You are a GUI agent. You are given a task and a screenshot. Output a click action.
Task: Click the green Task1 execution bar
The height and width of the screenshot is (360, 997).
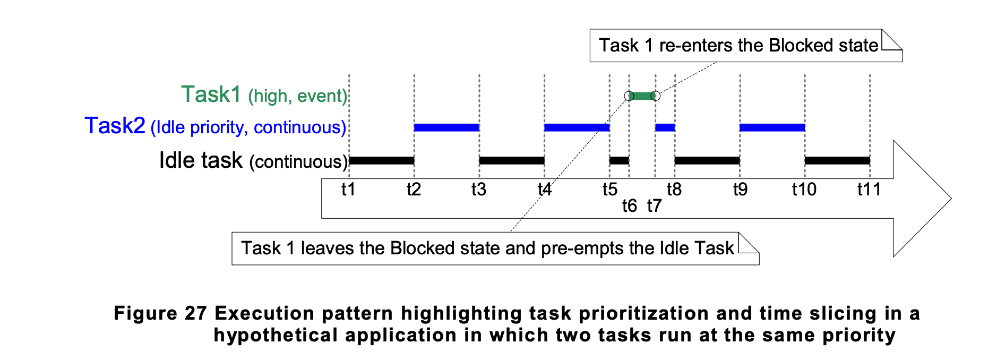642,96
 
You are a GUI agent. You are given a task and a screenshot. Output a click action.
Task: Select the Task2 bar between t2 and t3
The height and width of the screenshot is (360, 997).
446,127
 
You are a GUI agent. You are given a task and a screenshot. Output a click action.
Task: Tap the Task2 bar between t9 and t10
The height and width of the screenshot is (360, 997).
772,127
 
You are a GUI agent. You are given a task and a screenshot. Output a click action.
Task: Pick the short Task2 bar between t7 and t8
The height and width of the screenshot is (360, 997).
665,127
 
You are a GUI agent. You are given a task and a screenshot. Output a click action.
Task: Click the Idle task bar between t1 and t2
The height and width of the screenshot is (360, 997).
382,160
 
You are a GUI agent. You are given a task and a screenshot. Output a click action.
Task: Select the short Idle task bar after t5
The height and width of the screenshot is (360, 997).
619,160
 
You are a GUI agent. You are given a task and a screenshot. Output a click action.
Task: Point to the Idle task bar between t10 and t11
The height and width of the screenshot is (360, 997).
838,160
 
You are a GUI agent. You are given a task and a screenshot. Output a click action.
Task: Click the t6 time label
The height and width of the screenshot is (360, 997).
629,205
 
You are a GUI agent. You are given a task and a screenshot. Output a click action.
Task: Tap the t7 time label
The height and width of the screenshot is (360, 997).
654,205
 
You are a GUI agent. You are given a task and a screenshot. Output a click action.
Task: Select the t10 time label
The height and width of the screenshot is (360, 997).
804,189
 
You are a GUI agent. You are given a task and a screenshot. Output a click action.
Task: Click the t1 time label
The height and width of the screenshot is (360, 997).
348,189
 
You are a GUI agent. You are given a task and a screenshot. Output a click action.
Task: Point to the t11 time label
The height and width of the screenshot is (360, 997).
869,189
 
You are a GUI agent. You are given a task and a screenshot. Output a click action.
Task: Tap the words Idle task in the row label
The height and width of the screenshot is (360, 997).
201,160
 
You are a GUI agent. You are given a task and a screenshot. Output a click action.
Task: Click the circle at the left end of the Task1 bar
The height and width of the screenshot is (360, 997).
629,96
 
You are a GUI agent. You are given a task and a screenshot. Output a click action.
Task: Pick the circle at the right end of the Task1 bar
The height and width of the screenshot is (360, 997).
656,96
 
